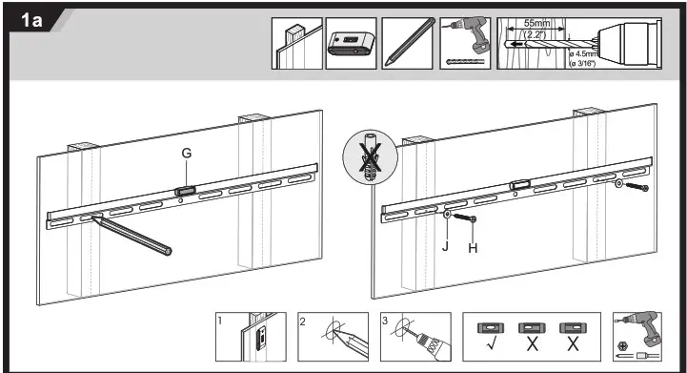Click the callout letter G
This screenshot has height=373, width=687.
coord(187,154)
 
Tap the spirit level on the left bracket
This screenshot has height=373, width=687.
coord(185,192)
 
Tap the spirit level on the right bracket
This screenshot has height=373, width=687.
coord(519,186)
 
